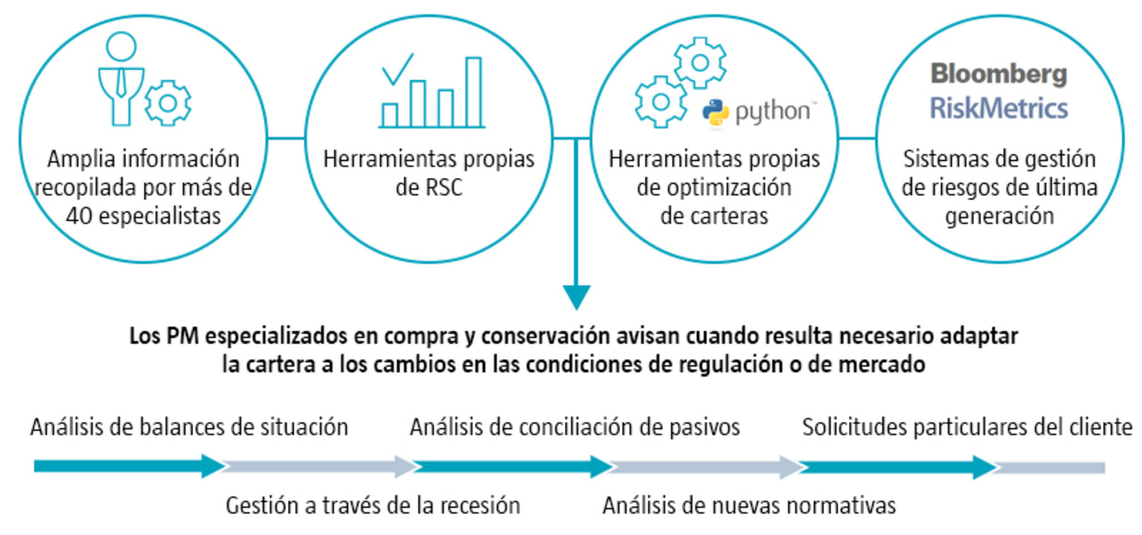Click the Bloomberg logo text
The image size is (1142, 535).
[999, 74]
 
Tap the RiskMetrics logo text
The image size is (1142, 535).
[999, 108]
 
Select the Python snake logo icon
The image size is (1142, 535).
[715, 113]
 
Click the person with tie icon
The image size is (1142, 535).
[121, 78]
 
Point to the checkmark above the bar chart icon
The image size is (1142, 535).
[397, 69]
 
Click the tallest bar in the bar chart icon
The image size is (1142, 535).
[473, 92]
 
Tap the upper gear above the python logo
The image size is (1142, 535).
[700, 63]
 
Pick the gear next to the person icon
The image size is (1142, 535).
[168, 103]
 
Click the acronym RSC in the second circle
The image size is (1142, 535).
[446, 188]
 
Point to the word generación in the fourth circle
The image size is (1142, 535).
[999, 216]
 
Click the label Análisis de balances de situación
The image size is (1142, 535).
[189, 427]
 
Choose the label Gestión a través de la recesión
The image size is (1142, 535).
[372, 505]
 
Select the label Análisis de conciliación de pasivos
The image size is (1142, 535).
[574, 427]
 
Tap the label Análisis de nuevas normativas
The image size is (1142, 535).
[749, 505]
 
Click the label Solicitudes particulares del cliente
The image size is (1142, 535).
[967, 427]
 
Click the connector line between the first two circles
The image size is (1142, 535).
[286, 138]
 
